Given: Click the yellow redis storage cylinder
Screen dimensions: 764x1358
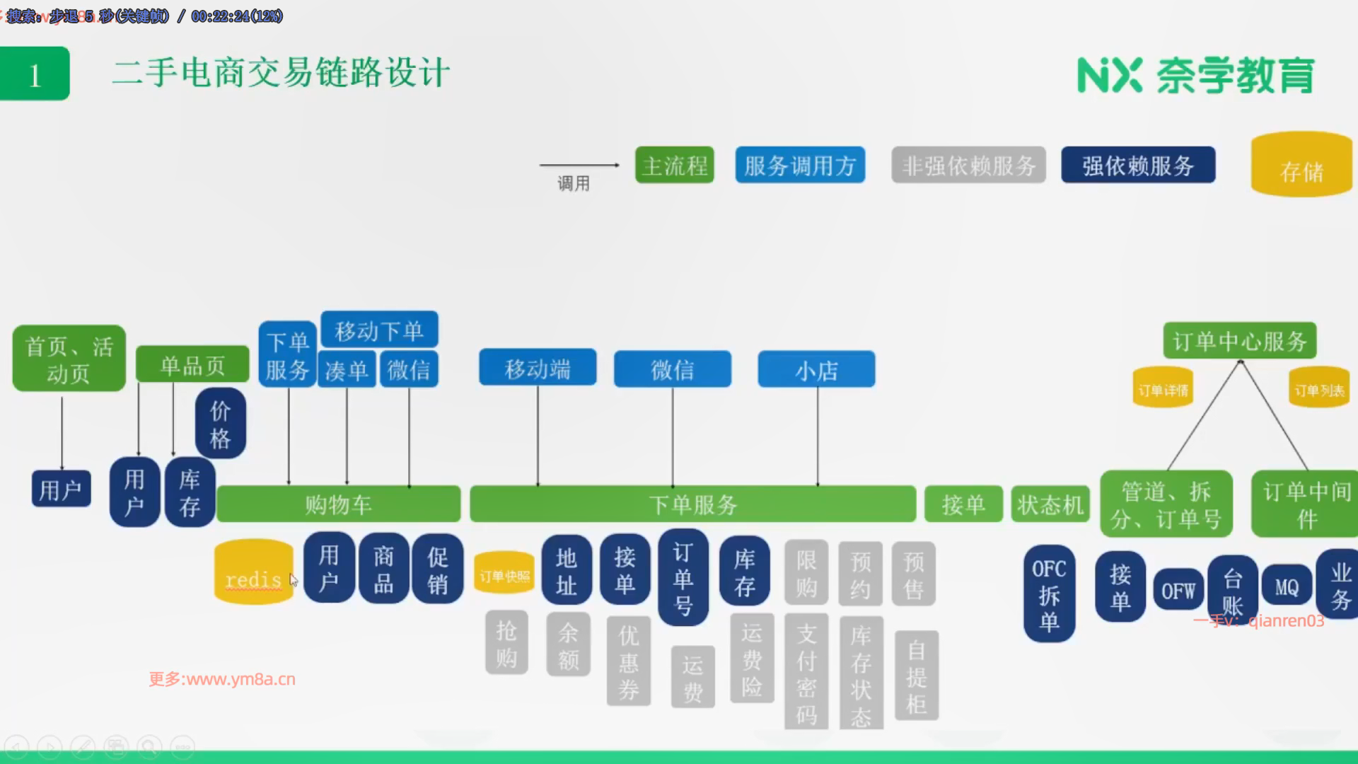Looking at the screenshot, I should click(253, 572).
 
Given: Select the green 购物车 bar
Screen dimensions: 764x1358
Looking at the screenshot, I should click(338, 504).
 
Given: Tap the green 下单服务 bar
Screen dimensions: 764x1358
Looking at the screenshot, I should click(692, 504).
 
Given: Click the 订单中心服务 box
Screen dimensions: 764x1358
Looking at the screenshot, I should click(1239, 342).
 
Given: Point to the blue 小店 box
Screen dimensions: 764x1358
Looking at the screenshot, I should click(816, 369).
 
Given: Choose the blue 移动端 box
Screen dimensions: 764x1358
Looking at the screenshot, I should click(538, 369).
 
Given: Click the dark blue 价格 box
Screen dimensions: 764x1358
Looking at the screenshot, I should click(221, 424).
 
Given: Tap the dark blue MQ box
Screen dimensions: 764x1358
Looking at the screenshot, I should click(1287, 586).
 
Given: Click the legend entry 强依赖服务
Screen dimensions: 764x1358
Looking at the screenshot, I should click(1138, 166).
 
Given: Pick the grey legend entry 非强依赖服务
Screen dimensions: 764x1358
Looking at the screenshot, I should click(968, 166).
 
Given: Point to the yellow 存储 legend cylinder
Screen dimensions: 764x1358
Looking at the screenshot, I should click(1301, 166).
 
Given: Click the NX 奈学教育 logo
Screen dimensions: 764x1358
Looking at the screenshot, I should click(1195, 75).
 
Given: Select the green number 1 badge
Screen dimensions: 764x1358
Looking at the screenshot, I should click(35, 74).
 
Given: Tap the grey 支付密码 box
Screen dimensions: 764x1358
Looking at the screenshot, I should click(806, 673).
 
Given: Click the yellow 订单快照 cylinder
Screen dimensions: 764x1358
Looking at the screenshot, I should click(504, 573).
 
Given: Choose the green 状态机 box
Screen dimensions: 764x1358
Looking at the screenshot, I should click(1050, 504).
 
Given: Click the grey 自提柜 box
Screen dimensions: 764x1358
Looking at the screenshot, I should click(917, 676).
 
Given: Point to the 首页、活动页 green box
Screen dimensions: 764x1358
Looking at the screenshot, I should click(69, 359).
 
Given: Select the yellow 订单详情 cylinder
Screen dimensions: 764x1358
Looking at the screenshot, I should click(1163, 388).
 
